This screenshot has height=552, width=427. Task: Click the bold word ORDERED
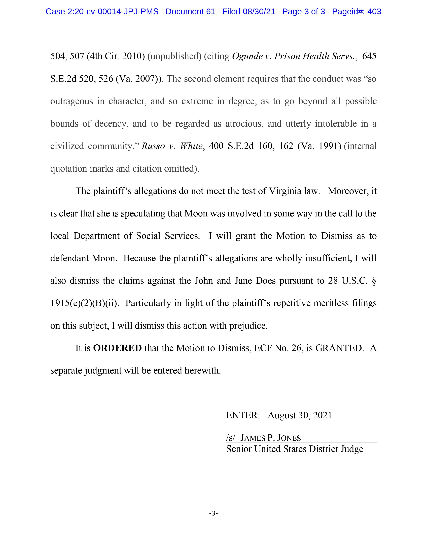click(117, 348)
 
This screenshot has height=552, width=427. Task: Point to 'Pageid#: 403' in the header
click(357, 12)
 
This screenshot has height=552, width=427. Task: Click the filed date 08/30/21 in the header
click(259, 12)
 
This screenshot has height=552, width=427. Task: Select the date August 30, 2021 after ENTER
click(300, 415)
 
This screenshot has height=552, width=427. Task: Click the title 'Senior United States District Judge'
click(294, 449)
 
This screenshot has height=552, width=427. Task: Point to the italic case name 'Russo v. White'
click(172, 146)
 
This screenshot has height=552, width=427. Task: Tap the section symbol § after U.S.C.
click(374, 281)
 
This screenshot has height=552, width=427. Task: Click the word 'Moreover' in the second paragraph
click(347, 191)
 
